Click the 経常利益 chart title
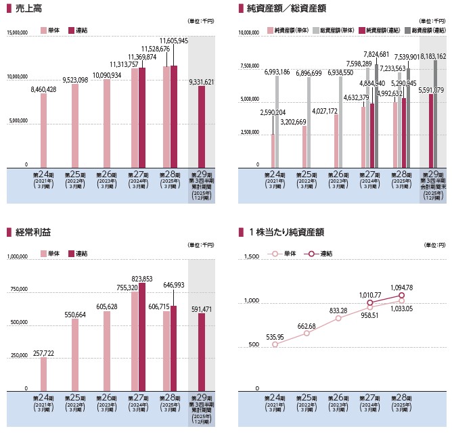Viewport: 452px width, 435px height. pyautogui.click(x=33, y=233)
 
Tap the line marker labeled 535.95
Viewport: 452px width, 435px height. pyautogui.click(x=275, y=344)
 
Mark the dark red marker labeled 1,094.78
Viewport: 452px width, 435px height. pyautogui.click(x=401, y=296)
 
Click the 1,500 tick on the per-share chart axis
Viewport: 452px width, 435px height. pyautogui.click(x=252, y=257)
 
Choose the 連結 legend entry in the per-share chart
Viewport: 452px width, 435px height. pyautogui.click(x=320, y=254)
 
